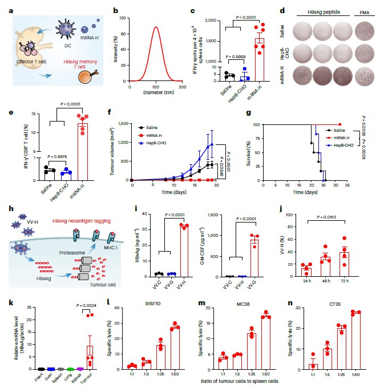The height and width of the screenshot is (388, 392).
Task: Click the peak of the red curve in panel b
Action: (156, 27)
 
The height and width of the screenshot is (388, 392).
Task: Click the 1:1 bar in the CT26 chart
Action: (312, 367)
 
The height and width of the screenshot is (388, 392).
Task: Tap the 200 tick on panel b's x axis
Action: (182, 84)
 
